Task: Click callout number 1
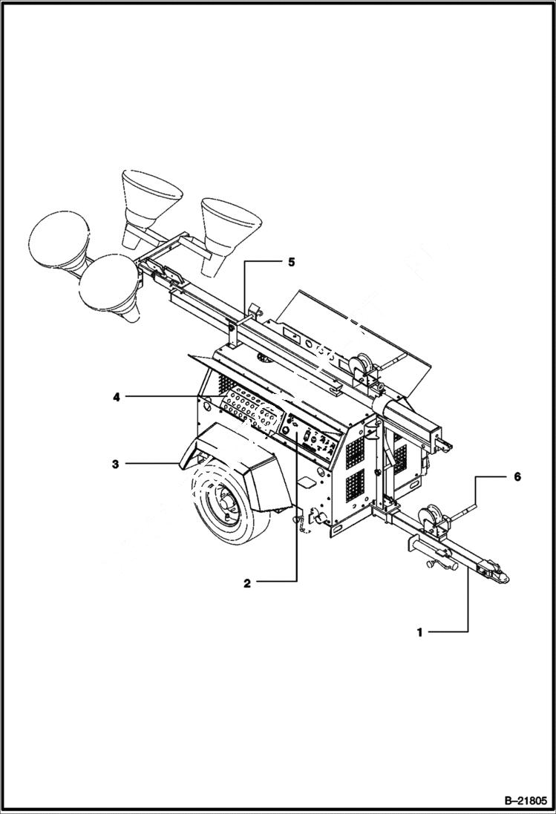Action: pos(419,632)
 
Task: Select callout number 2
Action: pos(247,582)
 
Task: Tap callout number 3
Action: pos(115,464)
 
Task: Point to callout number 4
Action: pos(117,397)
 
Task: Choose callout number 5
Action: pos(291,261)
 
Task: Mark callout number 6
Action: pos(517,476)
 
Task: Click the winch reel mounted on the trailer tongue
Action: pos(432,519)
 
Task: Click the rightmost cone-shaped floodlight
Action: pos(231,219)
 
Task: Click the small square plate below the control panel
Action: pos(305,482)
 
